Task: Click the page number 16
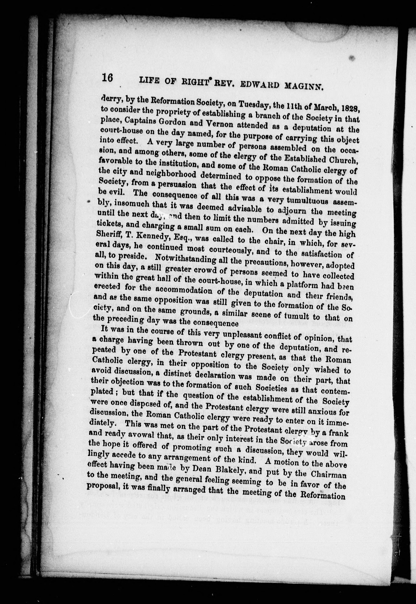pos(107,78)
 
